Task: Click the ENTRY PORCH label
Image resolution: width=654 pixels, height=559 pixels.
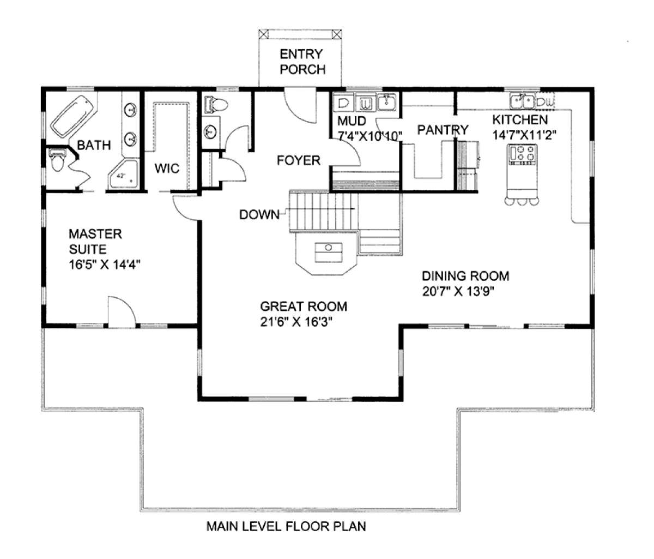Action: [302, 62]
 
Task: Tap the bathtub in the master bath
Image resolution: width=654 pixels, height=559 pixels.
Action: [74, 117]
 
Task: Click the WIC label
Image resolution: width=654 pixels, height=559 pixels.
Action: [167, 169]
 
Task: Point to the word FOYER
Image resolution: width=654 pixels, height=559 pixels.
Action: [298, 160]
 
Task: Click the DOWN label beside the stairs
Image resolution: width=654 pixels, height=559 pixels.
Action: [259, 215]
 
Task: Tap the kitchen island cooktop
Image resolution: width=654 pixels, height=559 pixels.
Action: [522, 154]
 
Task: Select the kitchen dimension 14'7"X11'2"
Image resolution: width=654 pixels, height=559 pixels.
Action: [524, 135]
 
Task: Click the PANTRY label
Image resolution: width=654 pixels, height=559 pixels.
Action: [443, 130]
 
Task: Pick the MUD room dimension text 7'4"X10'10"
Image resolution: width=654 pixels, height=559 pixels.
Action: [370, 136]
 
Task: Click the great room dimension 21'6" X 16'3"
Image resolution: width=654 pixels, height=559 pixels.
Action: [296, 322]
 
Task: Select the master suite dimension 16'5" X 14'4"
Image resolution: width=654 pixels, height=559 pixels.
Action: [105, 265]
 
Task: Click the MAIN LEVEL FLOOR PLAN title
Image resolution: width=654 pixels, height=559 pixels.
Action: [286, 526]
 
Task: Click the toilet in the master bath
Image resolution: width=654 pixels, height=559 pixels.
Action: [57, 160]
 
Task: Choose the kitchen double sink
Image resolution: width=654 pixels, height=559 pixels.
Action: [522, 101]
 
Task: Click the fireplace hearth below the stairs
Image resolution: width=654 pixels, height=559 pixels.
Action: [326, 254]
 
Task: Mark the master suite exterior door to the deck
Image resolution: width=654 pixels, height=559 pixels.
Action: [122, 311]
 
